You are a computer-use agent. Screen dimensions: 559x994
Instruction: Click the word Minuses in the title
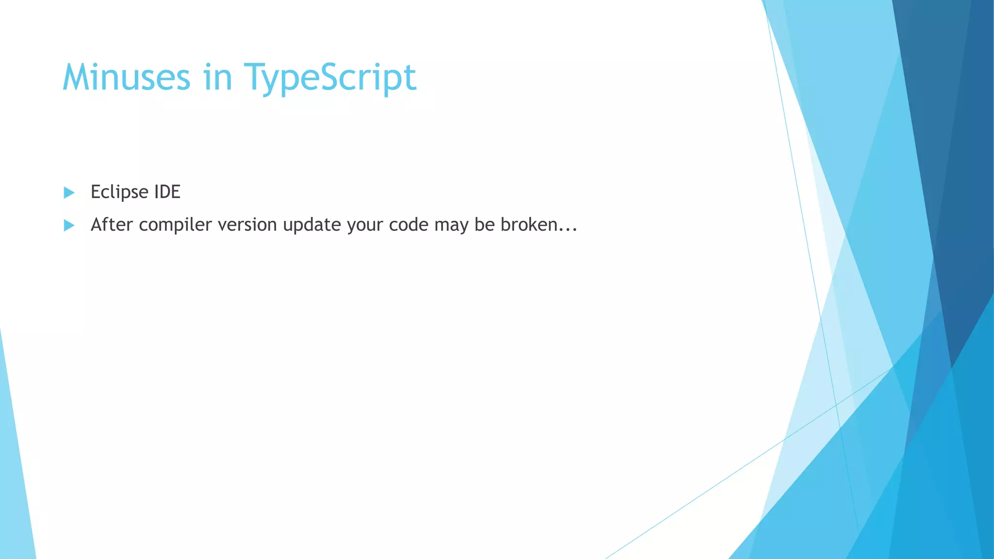[126, 78]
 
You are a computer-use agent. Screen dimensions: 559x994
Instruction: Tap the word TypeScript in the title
[330, 78]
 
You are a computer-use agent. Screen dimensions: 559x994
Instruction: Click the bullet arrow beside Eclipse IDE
[69, 193]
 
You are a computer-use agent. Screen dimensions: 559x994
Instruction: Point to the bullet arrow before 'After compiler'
[69, 225]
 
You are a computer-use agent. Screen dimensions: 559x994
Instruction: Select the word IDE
[167, 192]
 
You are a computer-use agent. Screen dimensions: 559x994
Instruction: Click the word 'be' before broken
[484, 225]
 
